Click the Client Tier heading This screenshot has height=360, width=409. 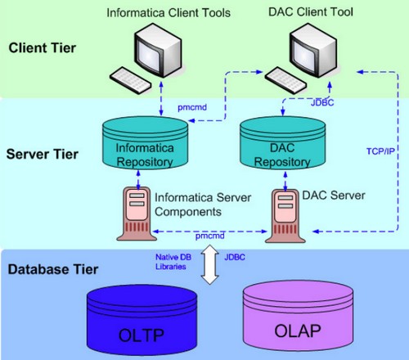point(42,48)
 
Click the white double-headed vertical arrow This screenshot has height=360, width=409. point(211,266)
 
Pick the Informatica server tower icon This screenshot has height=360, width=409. point(137,214)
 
